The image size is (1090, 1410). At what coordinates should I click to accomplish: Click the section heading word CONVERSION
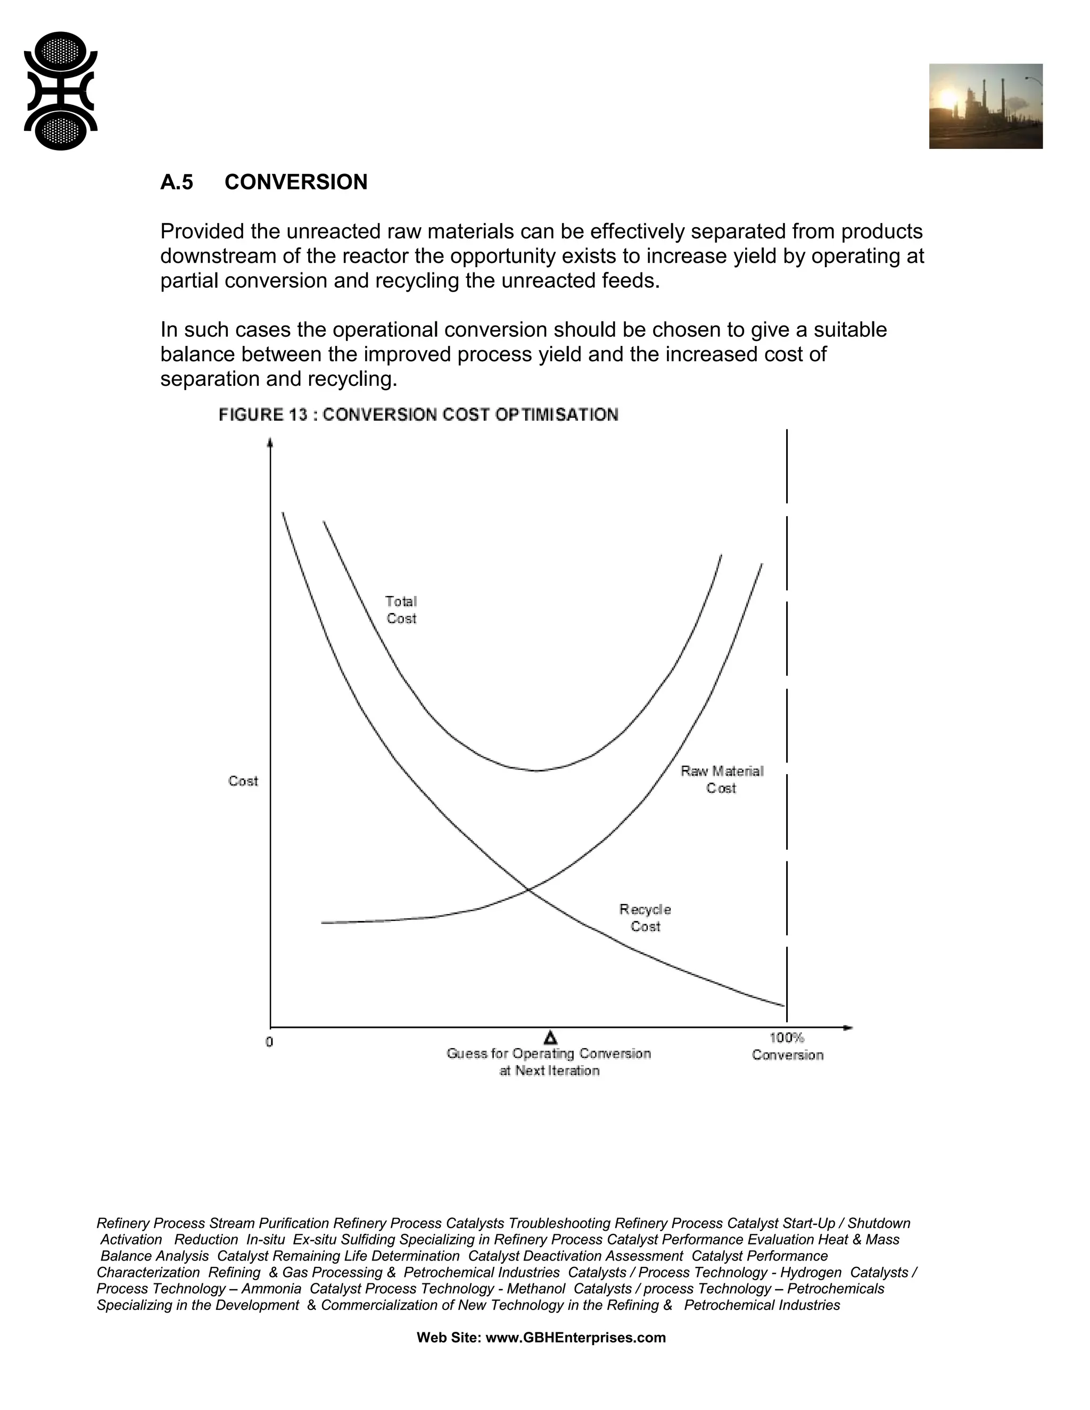pos(296,182)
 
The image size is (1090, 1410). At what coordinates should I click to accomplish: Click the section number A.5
pos(176,182)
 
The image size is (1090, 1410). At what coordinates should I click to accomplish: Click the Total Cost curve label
pos(401,609)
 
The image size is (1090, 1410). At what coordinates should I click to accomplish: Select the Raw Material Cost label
pos(721,779)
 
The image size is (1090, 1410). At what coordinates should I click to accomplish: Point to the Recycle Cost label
pos(645,917)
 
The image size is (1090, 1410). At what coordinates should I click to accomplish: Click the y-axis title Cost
pos(243,781)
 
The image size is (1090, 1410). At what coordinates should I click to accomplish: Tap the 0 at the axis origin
pos(269,1042)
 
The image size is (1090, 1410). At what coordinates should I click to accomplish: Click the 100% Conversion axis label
pos(787,1047)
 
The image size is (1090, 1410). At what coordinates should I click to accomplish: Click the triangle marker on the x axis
pos(550,1038)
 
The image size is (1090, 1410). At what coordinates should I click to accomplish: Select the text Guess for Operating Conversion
pos(548,1054)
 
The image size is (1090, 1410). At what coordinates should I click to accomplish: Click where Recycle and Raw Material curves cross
pos(528,890)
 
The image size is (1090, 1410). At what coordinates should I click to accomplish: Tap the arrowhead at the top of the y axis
pos(270,443)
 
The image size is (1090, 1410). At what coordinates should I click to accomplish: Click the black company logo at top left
pos(61,91)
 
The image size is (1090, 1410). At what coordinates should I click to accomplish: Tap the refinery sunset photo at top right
pos(985,106)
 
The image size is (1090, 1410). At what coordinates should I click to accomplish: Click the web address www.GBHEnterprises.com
pos(575,1337)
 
